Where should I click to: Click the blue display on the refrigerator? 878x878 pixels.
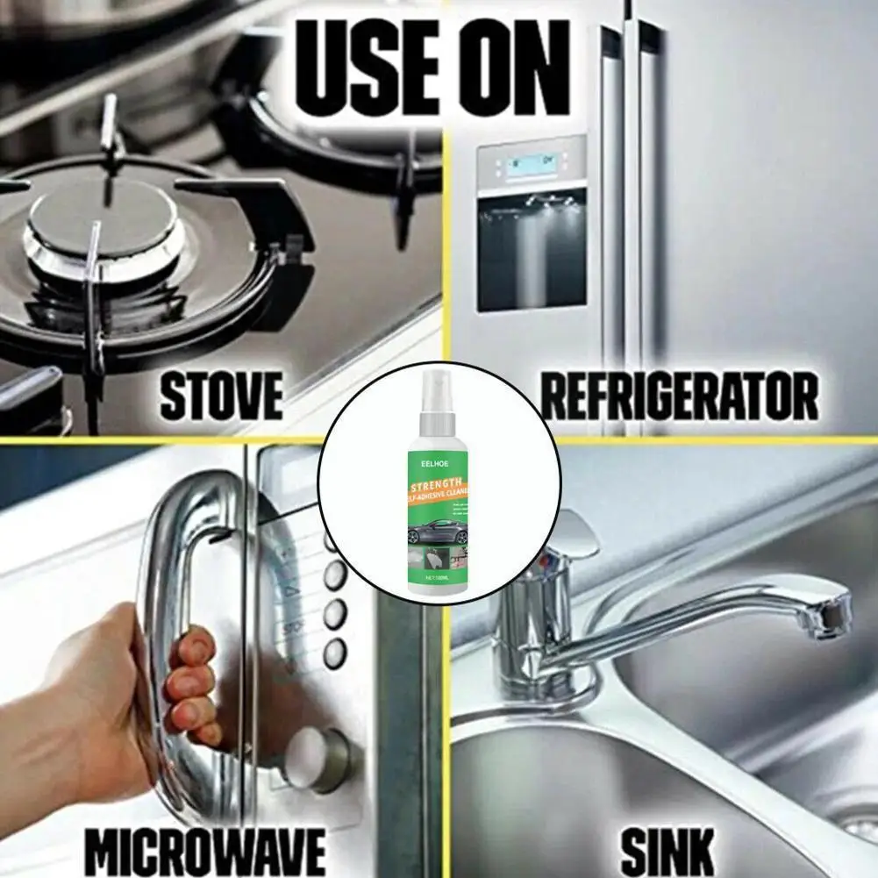tap(531, 165)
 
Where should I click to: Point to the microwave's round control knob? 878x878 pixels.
tap(316, 751)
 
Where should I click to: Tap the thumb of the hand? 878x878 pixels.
tap(189, 649)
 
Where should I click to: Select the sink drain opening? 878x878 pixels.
tap(855, 824)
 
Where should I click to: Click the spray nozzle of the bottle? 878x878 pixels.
tap(435, 383)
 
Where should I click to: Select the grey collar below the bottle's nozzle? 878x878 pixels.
tap(436, 423)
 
